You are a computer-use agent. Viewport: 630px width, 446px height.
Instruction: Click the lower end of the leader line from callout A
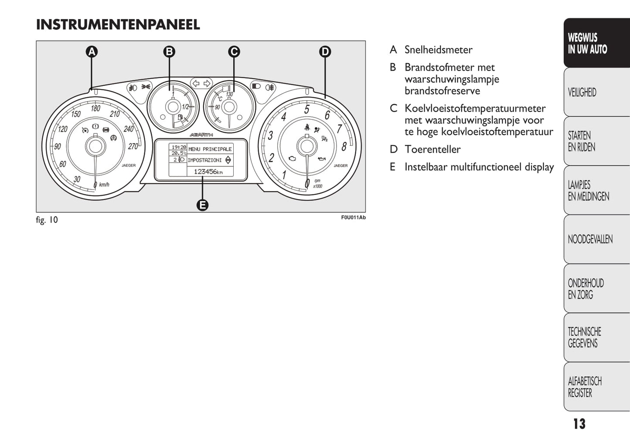92,89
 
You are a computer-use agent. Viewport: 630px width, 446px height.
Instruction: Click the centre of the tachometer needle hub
307,146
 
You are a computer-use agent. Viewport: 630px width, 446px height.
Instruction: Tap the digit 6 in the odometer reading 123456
215,172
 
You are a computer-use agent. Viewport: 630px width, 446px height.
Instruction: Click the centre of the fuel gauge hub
173,107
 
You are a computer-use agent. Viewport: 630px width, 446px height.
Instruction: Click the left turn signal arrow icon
196,83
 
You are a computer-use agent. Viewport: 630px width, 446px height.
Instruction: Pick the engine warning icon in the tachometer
293,158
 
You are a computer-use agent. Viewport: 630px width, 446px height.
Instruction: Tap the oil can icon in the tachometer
322,159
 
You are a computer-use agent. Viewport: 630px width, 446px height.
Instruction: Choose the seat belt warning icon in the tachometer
307,127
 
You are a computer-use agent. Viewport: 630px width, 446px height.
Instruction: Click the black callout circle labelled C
234,52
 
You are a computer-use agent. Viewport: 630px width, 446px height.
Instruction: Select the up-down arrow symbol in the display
228,160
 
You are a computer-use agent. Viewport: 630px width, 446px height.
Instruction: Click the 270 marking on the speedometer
133,147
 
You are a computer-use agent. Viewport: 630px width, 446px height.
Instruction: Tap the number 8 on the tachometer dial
344,147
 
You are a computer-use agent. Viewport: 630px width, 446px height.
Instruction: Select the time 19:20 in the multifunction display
179,147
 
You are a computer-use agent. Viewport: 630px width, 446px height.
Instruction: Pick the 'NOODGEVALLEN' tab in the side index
590,239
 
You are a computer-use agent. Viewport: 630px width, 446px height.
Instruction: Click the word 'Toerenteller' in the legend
432,149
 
